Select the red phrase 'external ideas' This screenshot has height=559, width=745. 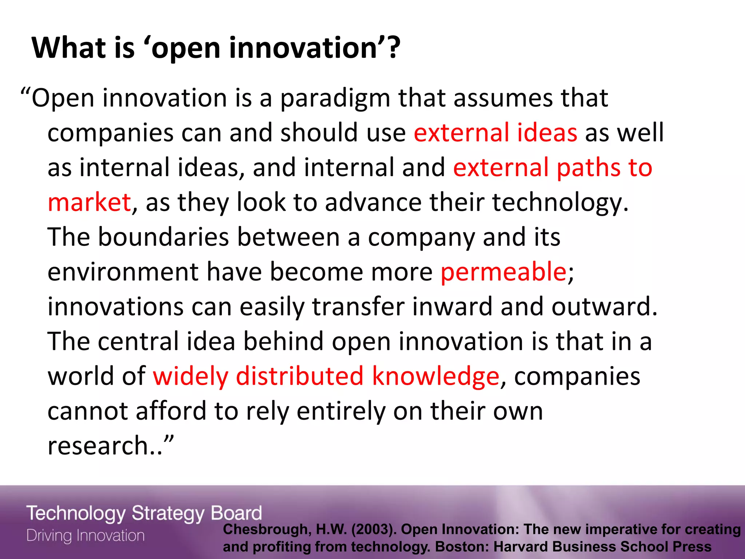(x=495, y=132)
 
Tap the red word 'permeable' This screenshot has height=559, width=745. (x=503, y=272)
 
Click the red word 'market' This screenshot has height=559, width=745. (x=89, y=202)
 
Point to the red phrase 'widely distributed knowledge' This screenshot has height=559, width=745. (x=326, y=376)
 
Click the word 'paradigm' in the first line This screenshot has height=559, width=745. (x=335, y=99)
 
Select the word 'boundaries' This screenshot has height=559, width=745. (x=163, y=237)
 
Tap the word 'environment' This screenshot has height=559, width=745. (x=123, y=272)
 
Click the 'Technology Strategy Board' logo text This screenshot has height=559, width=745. (x=144, y=514)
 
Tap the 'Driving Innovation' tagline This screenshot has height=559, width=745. (x=86, y=536)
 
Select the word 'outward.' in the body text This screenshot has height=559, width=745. (x=604, y=307)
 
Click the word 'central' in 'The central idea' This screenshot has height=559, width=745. (x=138, y=341)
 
